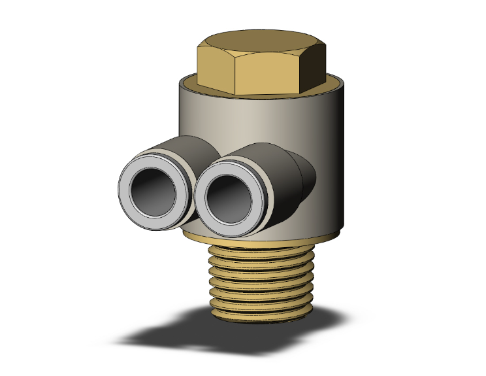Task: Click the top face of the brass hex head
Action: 261,46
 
